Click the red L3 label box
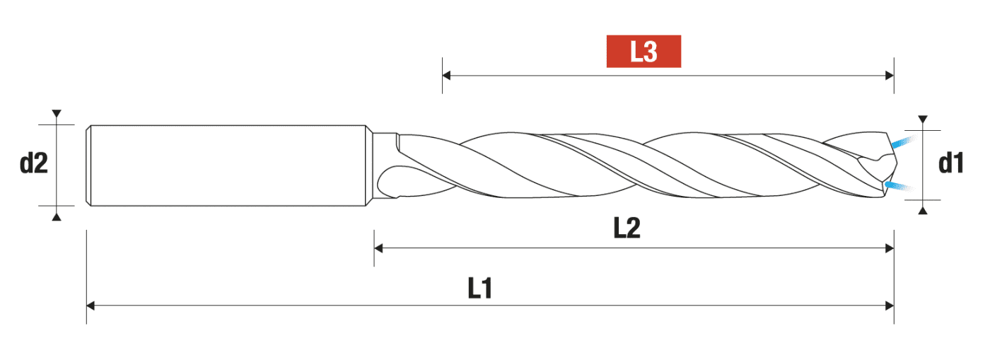[643, 52]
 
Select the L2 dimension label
[627, 228]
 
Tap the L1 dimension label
[480, 288]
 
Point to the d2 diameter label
[33, 164]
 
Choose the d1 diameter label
[951, 164]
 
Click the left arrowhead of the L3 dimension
[447, 75]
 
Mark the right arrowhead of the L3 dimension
[890, 75]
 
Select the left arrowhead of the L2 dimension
[378, 248]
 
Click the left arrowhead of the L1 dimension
[91, 306]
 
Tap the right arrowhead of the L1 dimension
[890, 306]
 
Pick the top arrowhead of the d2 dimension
[57, 114]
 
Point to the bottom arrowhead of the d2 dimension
[57, 216]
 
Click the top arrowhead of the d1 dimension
[922, 120]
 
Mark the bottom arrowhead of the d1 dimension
[922, 209]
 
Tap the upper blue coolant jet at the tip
[900, 142]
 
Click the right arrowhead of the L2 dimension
[890, 248]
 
